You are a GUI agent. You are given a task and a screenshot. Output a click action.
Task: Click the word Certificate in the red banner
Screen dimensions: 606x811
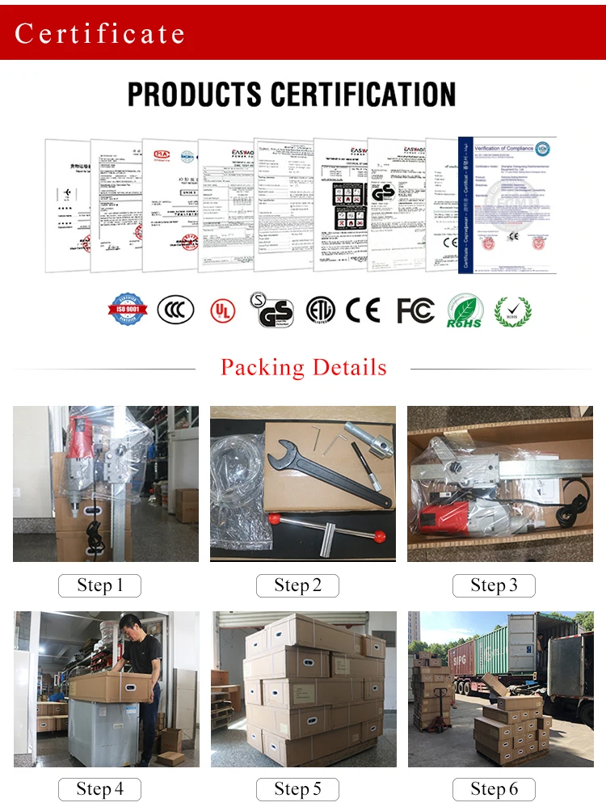coord(99,33)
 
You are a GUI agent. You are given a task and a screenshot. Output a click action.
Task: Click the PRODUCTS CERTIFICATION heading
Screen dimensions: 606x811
coord(292,95)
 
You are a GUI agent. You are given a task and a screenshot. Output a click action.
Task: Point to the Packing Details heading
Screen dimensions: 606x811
coord(304,368)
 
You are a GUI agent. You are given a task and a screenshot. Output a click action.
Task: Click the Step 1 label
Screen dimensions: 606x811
coord(99,585)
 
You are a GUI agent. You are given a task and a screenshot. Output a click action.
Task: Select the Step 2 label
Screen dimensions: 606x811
coord(297,585)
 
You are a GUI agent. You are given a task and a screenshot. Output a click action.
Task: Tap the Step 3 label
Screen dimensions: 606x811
coord(494,585)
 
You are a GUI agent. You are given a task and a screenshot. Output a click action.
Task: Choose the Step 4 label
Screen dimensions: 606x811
coord(99,789)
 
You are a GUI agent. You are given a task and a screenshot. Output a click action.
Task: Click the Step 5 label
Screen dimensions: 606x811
coord(297,789)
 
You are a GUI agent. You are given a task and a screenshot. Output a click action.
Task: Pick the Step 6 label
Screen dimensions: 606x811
coord(494,789)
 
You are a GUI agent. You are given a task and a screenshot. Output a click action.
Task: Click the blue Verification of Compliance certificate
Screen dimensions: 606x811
coord(507,204)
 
